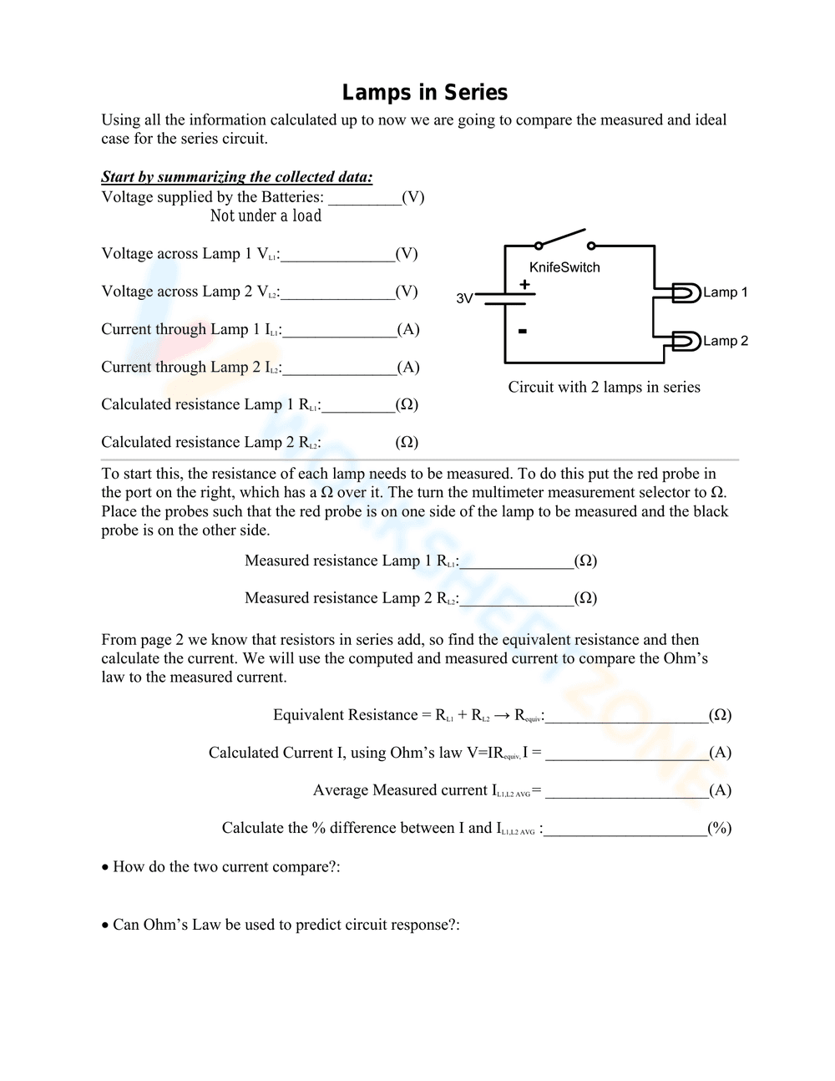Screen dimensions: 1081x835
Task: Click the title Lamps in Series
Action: tap(425, 93)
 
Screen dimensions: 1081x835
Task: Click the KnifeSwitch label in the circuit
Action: tap(564, 267)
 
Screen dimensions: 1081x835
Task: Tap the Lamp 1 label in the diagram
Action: tap(725, 292)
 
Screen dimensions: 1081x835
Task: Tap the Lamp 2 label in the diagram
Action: tap(725, 341)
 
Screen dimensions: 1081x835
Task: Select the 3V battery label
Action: tap(465, 298)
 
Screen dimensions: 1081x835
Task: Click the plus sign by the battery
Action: tap(524, 285)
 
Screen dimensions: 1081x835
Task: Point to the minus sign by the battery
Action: tap(523, 332)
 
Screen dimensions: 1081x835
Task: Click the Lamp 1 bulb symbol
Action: tap(686, 292)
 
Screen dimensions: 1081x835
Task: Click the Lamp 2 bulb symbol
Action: tap(686, 341)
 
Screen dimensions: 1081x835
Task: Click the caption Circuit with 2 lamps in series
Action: tap(604, 387)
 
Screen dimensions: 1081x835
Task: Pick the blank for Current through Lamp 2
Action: tap(339, 368)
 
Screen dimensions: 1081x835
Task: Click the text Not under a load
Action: tap(266, 216)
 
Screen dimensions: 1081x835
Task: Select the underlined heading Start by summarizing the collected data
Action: tap(237, 177)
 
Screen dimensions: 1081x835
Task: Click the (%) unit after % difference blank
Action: tap(719, 828)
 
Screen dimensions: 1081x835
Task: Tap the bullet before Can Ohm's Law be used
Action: tap(105, 926)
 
